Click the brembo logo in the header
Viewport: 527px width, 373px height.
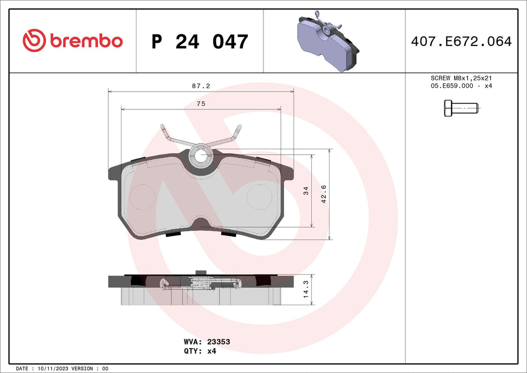coord(73,41)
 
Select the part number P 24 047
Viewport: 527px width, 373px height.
coord(200,42)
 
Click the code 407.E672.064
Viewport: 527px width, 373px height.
coord(461,41)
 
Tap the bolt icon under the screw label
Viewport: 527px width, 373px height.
coord(461,108)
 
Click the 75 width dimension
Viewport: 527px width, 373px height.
coord(201,104)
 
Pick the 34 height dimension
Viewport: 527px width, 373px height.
coord(306,191)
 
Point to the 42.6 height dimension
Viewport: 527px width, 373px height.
coord(324,194)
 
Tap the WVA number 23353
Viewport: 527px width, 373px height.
coord(219,342)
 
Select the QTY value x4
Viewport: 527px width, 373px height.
coord(211,351)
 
